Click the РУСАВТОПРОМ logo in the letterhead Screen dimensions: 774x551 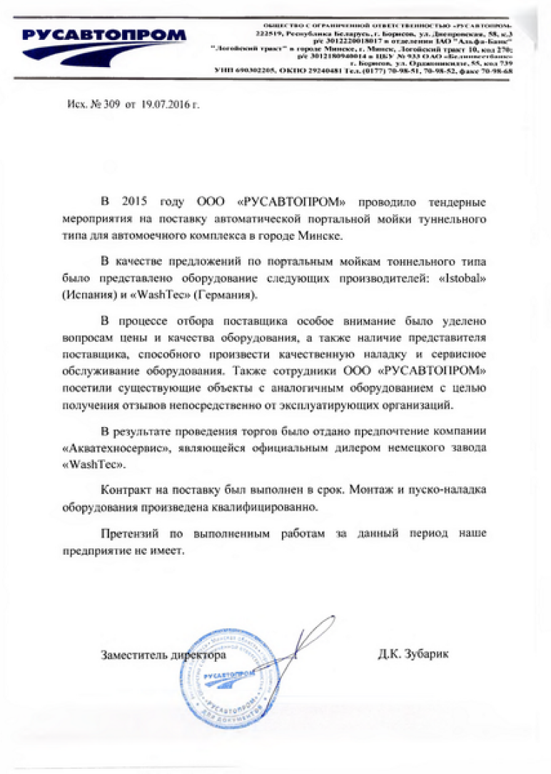(103, 36)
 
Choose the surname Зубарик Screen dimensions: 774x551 (426, 654)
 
